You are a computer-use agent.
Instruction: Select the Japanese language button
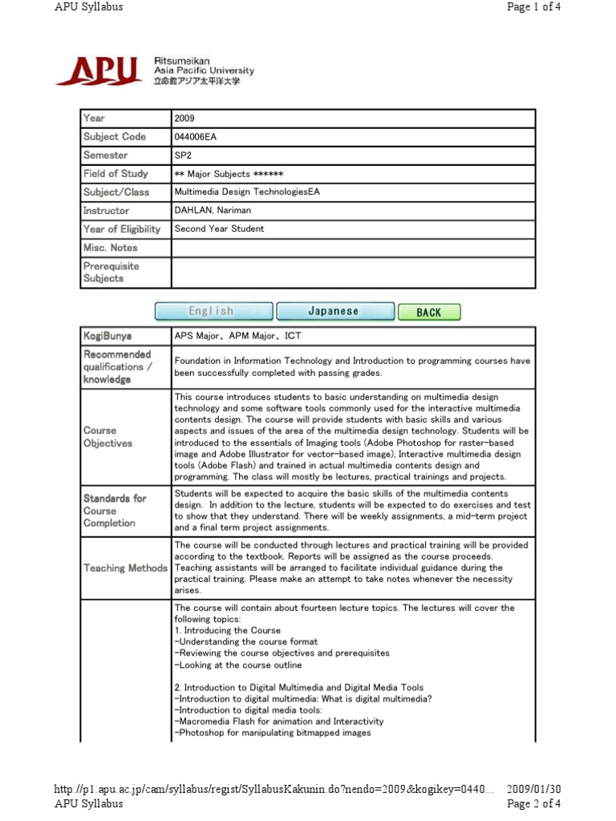[x=334, y=311]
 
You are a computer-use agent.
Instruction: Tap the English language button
[x=213, y=311]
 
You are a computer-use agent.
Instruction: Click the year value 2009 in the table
[x=184, y=118]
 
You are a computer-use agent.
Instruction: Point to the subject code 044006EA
[x=195, y=136]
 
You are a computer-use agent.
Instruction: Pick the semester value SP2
[x=183, y=155]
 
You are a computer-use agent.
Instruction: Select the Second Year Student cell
[x=219, y=229]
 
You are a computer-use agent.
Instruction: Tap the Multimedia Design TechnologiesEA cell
[x=247, y=192]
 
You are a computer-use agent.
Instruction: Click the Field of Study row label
[x=115, y=173]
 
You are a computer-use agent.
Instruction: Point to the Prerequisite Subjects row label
[x=111, y=272]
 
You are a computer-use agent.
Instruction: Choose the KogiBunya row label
[x=107, y=335]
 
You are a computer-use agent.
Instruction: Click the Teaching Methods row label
[x=126, y=568]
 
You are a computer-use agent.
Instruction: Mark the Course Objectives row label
[x=108, y=436]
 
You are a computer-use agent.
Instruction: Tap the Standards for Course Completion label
[x=115, y=510]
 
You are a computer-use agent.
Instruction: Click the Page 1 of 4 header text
[x=534, y=7]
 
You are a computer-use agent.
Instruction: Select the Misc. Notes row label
[x=111, y=248]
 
